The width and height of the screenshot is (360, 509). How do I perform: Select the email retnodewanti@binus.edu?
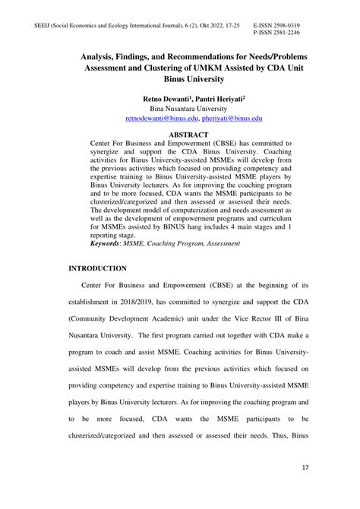[160, 119]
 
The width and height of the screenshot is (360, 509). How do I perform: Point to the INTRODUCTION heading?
[99, 269]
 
